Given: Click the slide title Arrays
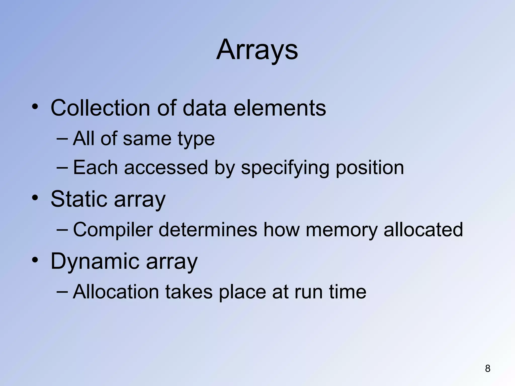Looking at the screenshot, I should point(257,50).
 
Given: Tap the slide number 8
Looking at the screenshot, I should point(488,369).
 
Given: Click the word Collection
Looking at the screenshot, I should point(100,108).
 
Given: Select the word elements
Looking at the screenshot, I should point(280,108).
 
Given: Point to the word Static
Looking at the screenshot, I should point(79,199).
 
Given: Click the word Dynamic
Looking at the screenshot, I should point(95,261).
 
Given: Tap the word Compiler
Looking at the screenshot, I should point(113,230).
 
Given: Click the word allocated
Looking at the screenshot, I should point(423,230).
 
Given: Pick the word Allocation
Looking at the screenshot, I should point(116,292).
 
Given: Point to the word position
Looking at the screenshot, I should point(370,168).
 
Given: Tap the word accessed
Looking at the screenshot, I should point(166,168).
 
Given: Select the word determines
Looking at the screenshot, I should point(208,230).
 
